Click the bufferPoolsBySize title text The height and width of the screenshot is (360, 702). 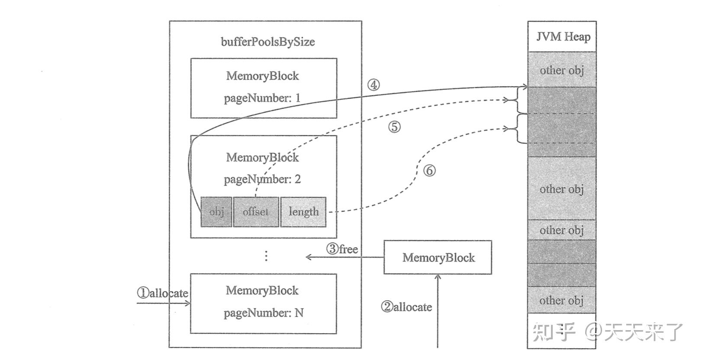pos(267,42)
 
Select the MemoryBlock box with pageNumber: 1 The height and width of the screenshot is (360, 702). pos(264,88)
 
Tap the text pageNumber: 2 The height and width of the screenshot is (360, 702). pos(262,179)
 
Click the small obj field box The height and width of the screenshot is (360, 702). pos(216,212)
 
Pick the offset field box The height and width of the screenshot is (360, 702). pos(255,212)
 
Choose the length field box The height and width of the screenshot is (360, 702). pos(303,212)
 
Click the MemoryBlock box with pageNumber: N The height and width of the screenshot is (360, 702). pos(263,303)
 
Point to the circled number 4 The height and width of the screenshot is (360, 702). pos(373,85)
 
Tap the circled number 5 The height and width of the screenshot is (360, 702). pos(394,127)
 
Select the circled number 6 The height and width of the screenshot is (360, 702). pos(428,170)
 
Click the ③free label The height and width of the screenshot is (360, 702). pos(342,249)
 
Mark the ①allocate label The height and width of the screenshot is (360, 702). pos(163,293)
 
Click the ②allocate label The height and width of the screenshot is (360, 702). pos(406,307)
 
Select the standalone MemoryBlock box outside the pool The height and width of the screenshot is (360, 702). pos(438,257)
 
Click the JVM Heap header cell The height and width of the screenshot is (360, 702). pos(562,36)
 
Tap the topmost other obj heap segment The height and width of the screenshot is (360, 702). pos(561,70)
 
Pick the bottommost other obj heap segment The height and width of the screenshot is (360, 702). pos(561,300)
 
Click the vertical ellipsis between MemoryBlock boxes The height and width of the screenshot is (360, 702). pos(266,256)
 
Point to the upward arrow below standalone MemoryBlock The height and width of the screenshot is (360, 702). pos(438,312)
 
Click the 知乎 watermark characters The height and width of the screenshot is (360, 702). pos(554,332)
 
